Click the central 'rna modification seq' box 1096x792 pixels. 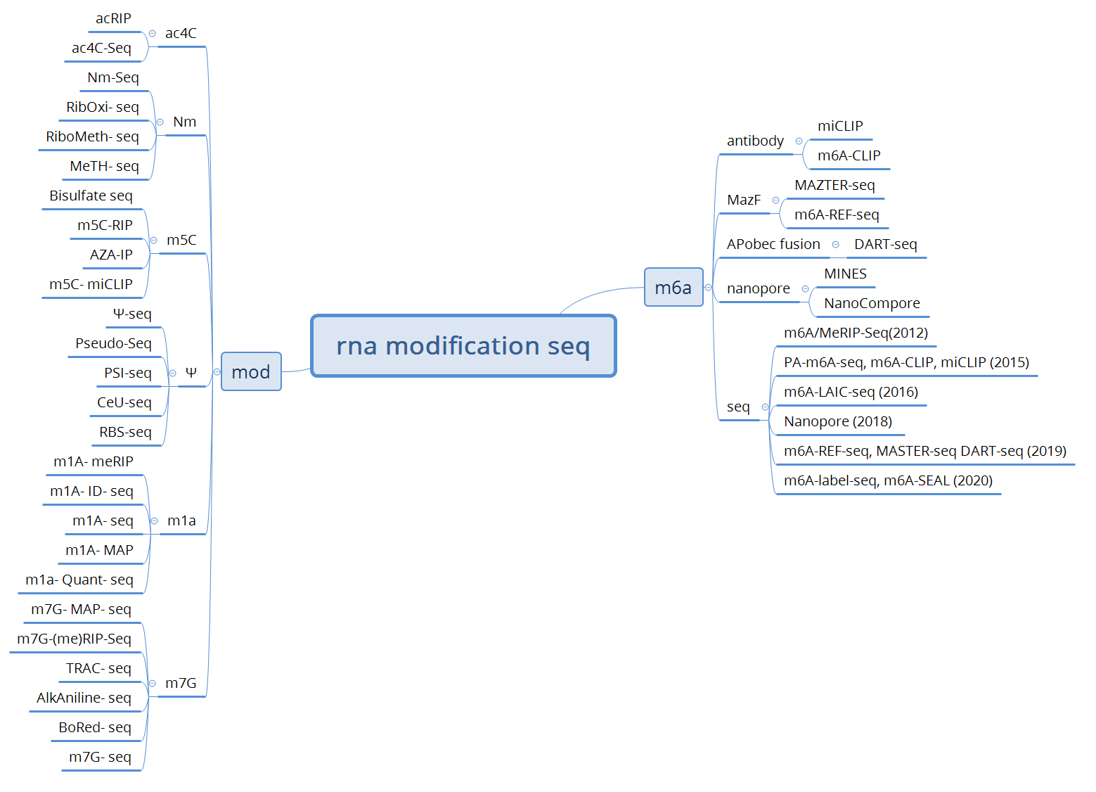click(x=463, y=346)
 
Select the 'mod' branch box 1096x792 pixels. click(x=251, y=371)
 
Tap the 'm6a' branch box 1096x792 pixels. click(x=673, y=287)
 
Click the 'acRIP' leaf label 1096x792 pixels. click(x=113, y=18)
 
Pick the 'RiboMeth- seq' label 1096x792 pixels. click(x=92, y=136)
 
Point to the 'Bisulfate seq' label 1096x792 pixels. click(x=91, y=196)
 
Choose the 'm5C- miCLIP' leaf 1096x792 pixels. click(x=91, y=284)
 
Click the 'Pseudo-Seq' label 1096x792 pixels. click(x=113, y=343)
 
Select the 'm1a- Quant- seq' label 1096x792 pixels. click(x=79, y=580)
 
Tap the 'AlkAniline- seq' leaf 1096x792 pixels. click(x=84, y=698)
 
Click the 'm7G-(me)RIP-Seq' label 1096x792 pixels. click(x=74, y=639)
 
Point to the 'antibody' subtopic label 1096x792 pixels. click(x=755, y=141)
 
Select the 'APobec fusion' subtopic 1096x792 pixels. click(x=773, y=244)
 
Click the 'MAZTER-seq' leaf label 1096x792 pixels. click(x=834, y=185)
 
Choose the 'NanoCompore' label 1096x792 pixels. click(x=872, y=303)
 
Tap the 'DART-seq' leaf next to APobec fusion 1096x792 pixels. click(x=885, y=244)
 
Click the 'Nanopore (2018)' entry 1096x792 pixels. click(x=838, y=421)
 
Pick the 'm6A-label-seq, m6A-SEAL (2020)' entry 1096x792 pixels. click(x=888, y=480)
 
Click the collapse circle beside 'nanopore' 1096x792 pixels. click(x=805, y=288)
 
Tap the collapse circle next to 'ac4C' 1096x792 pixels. click(x=152, y=33)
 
